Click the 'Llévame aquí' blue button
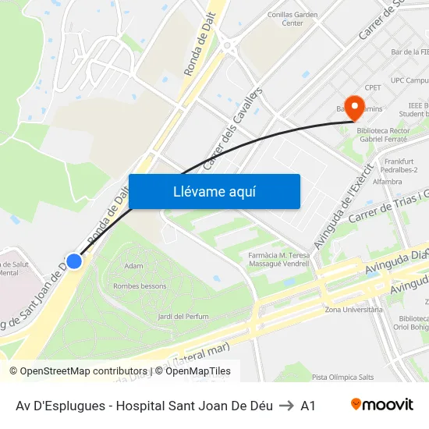(x=214, y=191)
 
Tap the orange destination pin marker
(x=355, y=108)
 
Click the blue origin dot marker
(x=74, y=261)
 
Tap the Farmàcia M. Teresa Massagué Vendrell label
(x=278, y=260)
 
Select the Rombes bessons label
(x=140, y=285)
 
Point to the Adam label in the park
(x=133, y=266)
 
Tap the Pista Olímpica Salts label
(x=343, y=377)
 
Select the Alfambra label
(x=387, y=181)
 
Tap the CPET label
(x=373, y=87)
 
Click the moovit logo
(x=381, y=405)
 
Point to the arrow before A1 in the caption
(x=286, y=406)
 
